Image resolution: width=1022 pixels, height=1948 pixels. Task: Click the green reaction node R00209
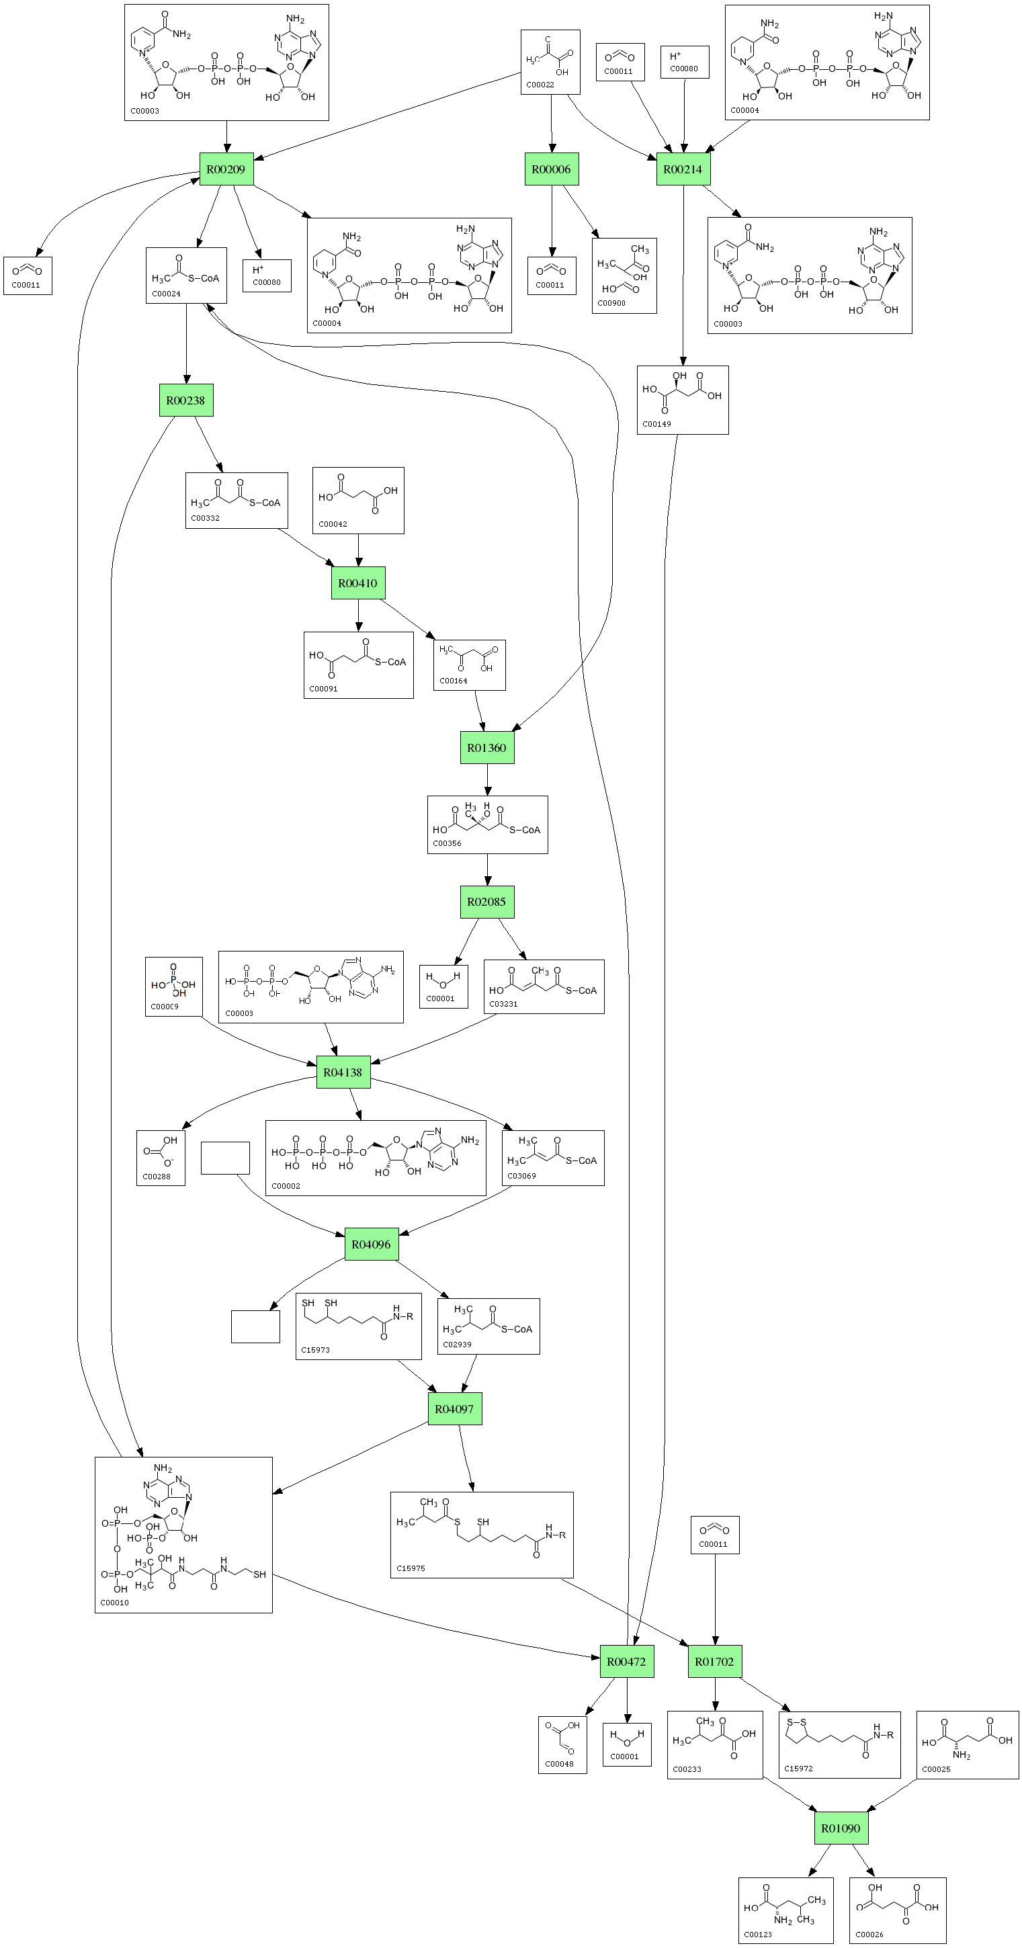[x=226, y=169]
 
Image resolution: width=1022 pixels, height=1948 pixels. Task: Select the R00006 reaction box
[x=551, y=169]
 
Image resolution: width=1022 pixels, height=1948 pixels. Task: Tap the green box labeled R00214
[x=683, y=169]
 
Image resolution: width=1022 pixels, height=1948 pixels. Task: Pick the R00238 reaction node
[x=186, y=400]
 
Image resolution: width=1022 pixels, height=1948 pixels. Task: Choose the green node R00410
[x=357, y=583]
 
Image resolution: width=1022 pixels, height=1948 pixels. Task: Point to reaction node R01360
[x=486, y=748]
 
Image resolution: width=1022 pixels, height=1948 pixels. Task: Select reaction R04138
[x=343, y=1072]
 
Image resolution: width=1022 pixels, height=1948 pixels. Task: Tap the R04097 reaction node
[x=454, y=1409]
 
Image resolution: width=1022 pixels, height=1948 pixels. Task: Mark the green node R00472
[x=627, y=1661]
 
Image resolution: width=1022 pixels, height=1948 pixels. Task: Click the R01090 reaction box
[x=841, y=1828]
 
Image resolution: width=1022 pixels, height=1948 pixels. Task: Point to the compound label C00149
[x=656, y=424]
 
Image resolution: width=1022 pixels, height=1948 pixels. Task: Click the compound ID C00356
[x=447, y=843]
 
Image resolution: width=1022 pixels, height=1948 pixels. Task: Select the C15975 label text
[x=411, y=1568]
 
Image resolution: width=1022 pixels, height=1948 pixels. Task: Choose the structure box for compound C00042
[x=358, y=500]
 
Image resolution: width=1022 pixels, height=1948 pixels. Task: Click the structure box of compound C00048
[x=562, y=1744]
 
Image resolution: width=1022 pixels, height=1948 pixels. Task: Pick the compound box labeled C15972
[x=839, y=1744]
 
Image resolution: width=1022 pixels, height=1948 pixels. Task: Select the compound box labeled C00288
[x=160, y=1158]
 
